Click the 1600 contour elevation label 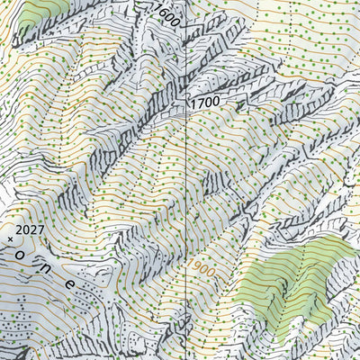(x=168, y=13)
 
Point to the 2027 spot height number (x=30, y=230)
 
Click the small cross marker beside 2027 (x=11, y=239)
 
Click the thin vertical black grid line (x=185, y=180)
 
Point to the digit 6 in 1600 (x=164, y=11)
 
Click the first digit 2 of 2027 (x=19, y=230)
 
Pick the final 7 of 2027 (x=40, y=230)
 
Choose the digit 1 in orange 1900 (x=191, y=265)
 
